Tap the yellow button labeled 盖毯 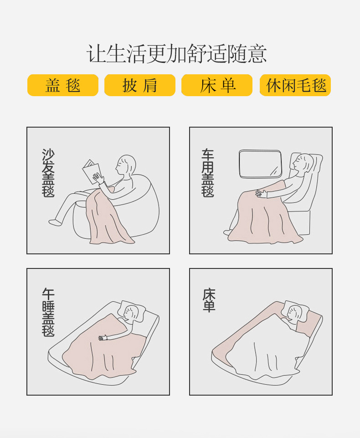pos(63,85)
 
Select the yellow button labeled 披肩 pos(140,85)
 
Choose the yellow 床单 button pos(217,85)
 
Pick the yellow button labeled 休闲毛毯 pos(295,85)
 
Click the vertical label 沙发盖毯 pos(48,173)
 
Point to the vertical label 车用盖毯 pos(208,173)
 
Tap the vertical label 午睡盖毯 pos(48,312)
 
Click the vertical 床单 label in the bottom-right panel pos(209,300)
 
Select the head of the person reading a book pos(126,165)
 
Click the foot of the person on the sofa pos(55,222)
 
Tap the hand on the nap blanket pos(103,338)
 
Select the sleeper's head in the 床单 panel pos(294,312)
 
